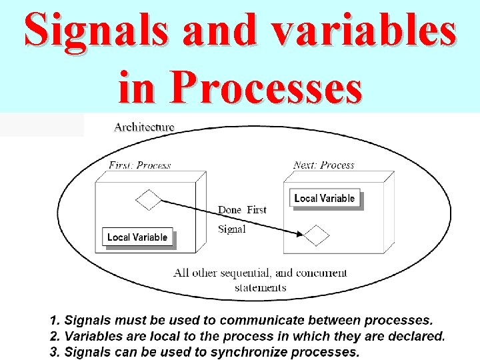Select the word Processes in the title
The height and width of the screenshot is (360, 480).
265,87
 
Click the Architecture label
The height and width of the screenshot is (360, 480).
144,127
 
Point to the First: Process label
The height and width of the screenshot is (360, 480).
139,165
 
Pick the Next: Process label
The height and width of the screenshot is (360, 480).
323,165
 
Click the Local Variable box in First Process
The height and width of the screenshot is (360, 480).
137,237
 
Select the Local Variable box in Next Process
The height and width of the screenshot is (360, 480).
325,198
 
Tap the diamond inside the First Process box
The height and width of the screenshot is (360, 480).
148,199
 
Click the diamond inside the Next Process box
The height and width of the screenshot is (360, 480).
317,235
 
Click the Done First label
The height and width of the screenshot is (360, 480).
242,210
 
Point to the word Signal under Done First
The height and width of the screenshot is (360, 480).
232,229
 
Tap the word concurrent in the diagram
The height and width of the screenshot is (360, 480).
321,273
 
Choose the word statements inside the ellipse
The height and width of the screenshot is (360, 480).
261,287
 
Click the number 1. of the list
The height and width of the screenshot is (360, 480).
57,321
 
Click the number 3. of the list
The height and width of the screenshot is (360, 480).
57,351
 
